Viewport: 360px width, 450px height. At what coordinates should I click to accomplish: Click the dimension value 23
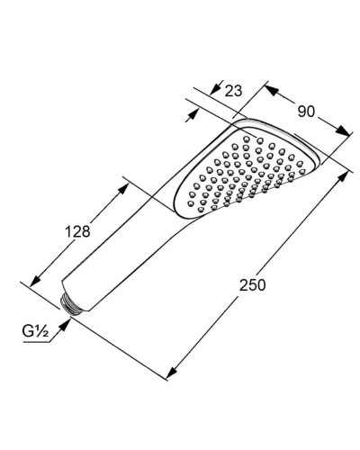pyautogui.click(x=235, y=90)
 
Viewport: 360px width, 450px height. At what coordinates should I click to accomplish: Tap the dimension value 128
pyautogui.click(x=79, y=231)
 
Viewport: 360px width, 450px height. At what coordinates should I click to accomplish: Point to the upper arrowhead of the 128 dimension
pyautogui.click(x=123, y=183)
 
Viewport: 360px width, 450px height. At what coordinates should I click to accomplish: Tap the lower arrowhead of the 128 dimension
pyautogui.click(x=35, y=283)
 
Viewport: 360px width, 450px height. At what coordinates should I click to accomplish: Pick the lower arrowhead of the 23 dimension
pyautogui.click(x=192, y=116)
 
